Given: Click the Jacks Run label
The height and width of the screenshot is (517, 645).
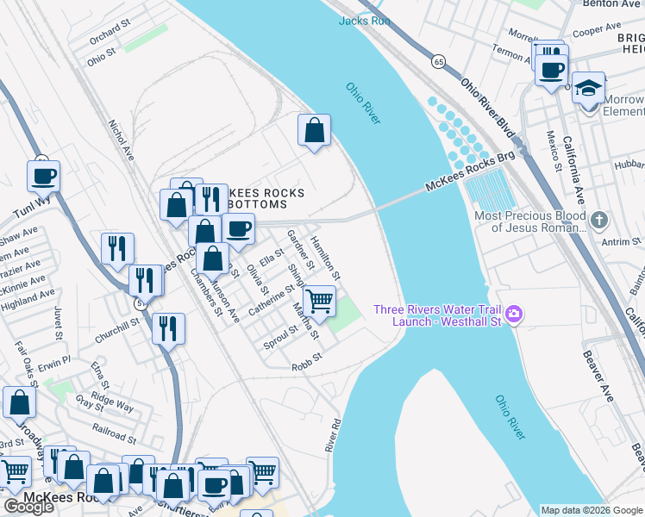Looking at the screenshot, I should tap(365, 21).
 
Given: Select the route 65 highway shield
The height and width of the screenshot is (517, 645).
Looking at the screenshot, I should tap(439, 62).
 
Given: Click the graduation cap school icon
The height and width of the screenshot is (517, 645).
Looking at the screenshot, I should tap(589, 89).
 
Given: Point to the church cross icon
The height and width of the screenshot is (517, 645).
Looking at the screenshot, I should tap(600, 221).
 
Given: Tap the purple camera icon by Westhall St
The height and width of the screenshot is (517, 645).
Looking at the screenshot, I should tap(515, 314).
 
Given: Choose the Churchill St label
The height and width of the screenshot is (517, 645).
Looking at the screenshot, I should tap(118, 324).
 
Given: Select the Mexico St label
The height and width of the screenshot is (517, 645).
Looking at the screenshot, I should tap(553, 151).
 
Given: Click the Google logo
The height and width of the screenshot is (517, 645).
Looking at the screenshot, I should tap(28, 507).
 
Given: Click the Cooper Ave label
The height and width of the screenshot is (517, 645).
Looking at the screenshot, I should tap(597, 30).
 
